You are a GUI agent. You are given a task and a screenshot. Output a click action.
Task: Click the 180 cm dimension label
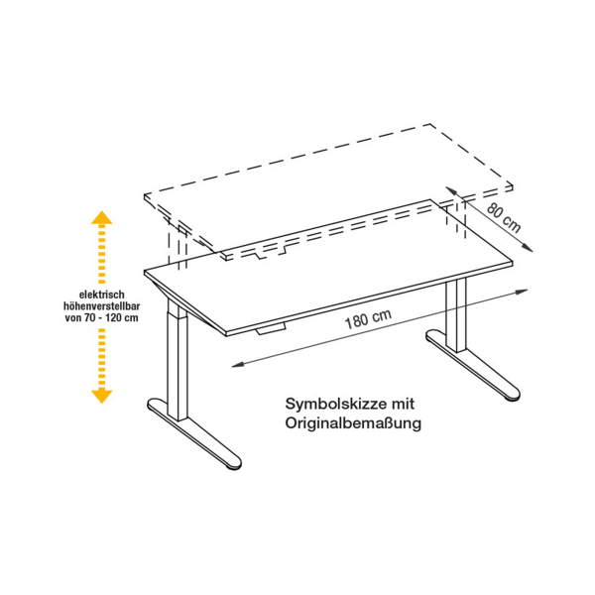point(368,319)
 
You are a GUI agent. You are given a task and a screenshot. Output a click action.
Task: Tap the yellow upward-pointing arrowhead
point(102,217)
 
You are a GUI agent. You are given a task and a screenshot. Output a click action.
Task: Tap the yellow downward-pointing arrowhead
point(102,396)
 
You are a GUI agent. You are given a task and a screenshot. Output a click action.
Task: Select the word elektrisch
point(102,295)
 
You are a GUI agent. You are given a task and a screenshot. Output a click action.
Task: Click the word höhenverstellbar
point(102,305)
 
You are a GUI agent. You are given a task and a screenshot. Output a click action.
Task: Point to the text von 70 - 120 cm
point(102,317)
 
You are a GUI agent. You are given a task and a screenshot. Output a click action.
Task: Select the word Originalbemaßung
point(353,423)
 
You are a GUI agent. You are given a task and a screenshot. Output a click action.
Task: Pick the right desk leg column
point(456,315)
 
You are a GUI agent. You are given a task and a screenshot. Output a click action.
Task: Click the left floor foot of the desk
point(194,433)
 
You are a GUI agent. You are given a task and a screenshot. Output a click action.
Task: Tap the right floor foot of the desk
point(473,365)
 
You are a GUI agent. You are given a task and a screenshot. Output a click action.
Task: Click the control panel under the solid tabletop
point(270,329)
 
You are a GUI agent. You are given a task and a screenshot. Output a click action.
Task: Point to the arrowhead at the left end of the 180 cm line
point(237,365)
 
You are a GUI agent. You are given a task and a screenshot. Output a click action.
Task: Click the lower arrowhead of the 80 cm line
point(528,247)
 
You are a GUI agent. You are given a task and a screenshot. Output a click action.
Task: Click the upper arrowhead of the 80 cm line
point(451,190)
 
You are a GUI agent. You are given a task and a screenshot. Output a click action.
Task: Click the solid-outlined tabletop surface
point(328,266)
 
